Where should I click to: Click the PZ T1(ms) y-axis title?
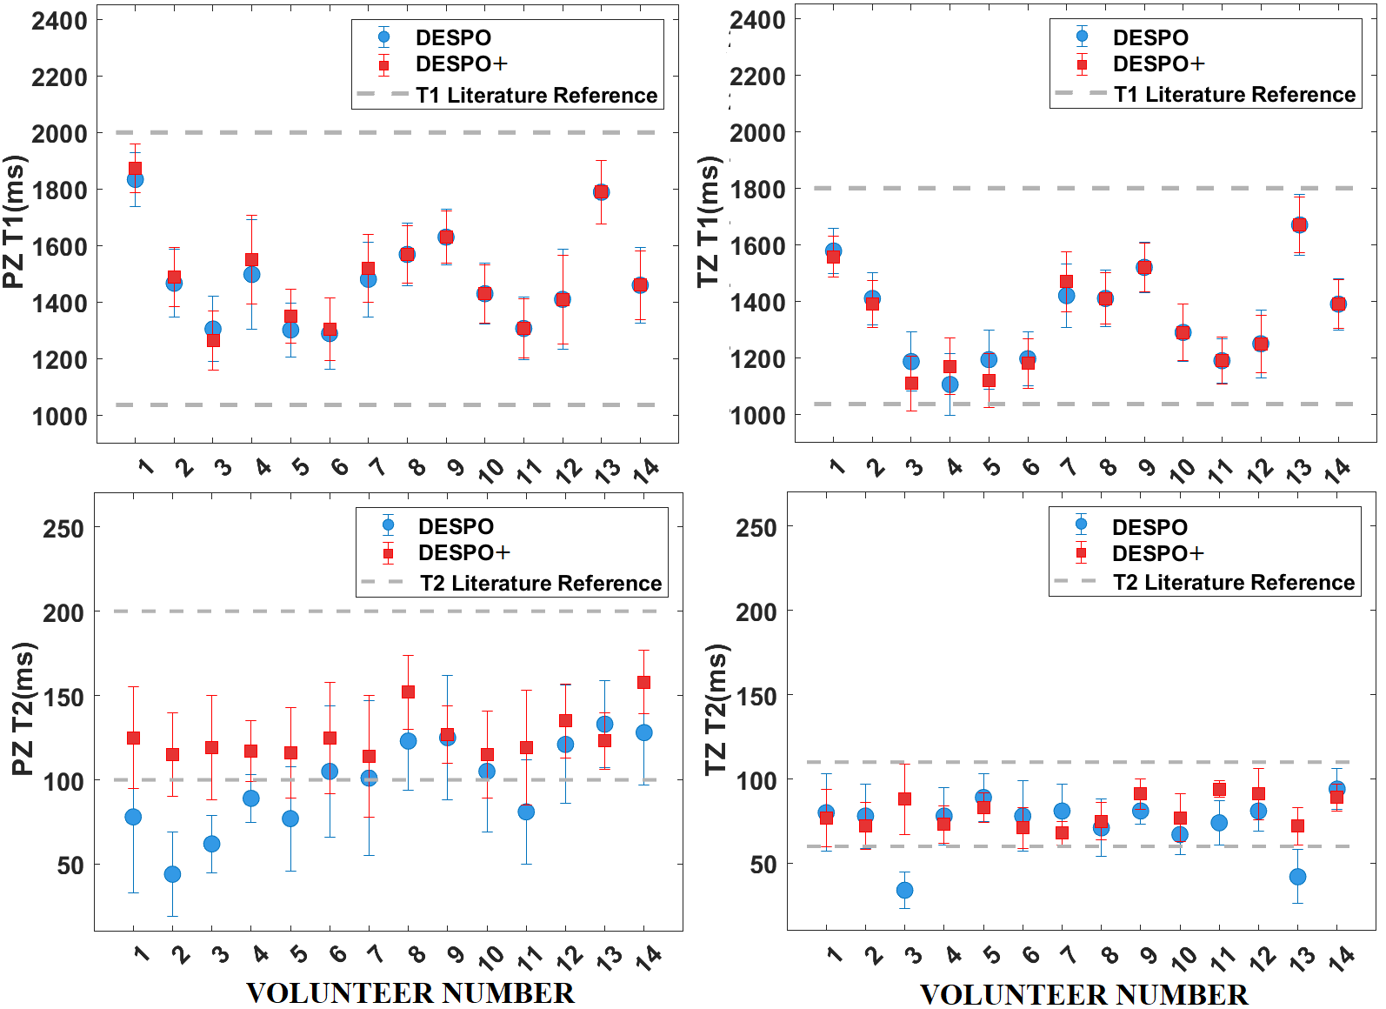pyautogui.click(x=15, y=222)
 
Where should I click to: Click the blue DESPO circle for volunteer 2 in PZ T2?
pyautogui.click(x=173, y=874)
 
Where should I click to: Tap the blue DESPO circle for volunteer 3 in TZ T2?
pyautogui.click(x=904, y=890)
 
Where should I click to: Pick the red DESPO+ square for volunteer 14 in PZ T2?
pyautogui.click(x=644, y=682)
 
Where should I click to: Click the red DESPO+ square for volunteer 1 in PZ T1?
pyautogui.click(x=135, y=169)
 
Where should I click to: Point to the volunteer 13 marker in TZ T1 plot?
pyautogui.click(x=1299, y=224)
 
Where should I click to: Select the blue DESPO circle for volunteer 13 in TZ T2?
pyautogui.click(x=1297, y=877)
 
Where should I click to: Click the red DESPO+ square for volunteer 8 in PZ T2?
pyautogui.click(x=409, y=692)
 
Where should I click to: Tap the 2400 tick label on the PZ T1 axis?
pyautogui.click(x=59, y=21)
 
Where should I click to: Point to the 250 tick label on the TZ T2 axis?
pyautogui.click(x=756, y=528)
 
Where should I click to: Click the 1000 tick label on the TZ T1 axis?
pyautogui.click(x=758, y=416)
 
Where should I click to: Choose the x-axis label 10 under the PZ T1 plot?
pyautogui.click(x=492, y=471)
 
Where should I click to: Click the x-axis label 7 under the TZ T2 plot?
pyautogui.click(x=1069, y=954)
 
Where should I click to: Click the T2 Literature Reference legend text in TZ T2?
pyautogui.click(x=1234, y=582)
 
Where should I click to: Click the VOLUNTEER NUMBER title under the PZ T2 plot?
pyautogui.click(x=410, y=992)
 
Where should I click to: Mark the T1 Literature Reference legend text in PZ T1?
pyautogui.click(x=536, y=95)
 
